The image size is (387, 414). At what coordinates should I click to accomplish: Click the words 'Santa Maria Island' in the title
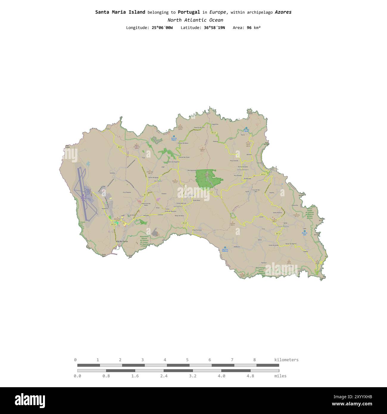coord(120,12)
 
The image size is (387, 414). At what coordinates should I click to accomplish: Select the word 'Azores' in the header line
coord(283,12)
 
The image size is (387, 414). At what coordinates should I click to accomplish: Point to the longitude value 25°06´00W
coord(162,28)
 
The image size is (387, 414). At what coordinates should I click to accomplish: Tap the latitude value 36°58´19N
coord(214,28)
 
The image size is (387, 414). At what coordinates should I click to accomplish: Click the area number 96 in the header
coord(249,28)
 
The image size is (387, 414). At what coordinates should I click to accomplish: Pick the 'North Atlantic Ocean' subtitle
coord(195,20)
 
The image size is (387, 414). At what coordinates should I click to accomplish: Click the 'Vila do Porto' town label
coord(122,241)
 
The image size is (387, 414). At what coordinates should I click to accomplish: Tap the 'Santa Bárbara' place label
coord(242,170)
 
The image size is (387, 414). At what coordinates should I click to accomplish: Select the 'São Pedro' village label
coord(158,181)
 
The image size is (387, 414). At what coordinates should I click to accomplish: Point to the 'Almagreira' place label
coord(178,206)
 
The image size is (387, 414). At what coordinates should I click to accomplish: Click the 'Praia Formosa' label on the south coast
coord(197,230)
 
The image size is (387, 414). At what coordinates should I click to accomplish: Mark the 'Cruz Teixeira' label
coord(127,192)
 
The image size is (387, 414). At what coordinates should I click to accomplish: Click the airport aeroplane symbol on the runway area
coord(83,195)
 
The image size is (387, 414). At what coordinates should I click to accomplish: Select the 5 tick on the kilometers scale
coord(187,360)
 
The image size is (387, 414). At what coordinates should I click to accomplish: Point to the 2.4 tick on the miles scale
coord(164,376)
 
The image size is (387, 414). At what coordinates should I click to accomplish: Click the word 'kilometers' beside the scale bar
coord(286,360)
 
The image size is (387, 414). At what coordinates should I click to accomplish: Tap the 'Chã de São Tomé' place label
coord(184,157)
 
